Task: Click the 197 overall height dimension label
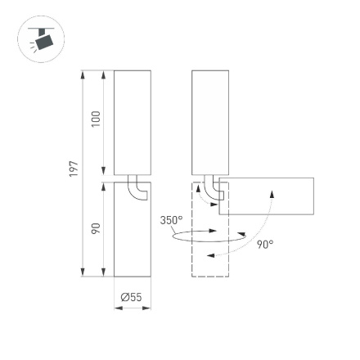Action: point(74,169)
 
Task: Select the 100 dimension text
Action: point(96,119)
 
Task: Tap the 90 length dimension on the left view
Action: point(96,228)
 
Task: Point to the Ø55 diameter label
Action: point(132,296)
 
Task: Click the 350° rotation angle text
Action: point(170,220)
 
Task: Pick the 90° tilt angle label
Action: point(264,244)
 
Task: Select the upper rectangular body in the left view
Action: point(132,121)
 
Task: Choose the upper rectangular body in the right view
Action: point(210,121)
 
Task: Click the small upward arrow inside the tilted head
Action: point(272,195)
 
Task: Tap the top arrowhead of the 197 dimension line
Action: point(83,75)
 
